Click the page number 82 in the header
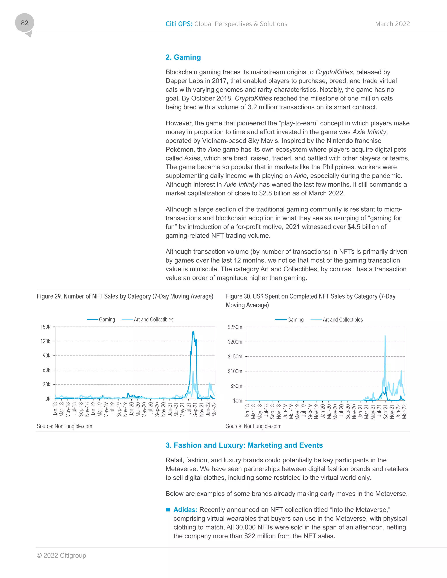(24, 23)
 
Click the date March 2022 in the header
(392, 24)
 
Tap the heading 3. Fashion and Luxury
(244, 445)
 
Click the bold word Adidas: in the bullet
(185, 510)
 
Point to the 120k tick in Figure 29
(45, 341)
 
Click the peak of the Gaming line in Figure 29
(193, 331)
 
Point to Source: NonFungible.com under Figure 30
(253, 426)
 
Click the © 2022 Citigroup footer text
(61, 555)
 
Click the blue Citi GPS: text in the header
(179, 24)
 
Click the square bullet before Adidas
(168, 510)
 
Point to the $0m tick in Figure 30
(237, 401)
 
